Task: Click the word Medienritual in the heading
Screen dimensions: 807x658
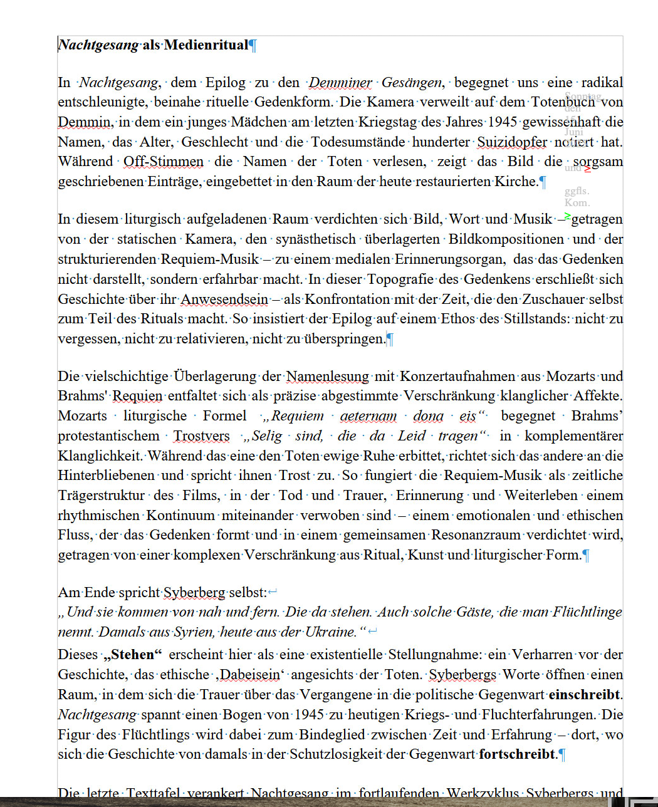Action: pos(206,45)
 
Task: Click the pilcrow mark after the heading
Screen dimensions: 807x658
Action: pos(253,45)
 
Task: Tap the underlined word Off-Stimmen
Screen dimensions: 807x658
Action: pos(164,162)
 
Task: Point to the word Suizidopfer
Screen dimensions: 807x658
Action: pos(512,142)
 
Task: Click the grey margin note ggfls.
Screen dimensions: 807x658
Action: pos(577,191)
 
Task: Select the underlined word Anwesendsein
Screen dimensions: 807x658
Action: pos(224,299)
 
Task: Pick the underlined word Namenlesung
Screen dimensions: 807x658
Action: pos(328,377)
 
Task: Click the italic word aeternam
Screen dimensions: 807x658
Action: pos(368,416)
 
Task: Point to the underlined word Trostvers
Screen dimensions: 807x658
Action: pos(201,436)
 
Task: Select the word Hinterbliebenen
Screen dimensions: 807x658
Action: pos(107,476)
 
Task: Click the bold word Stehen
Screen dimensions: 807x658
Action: pos(132,655)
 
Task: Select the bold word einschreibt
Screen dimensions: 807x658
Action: pos(584,695)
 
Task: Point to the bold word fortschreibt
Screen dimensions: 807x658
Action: pos(517,754)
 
